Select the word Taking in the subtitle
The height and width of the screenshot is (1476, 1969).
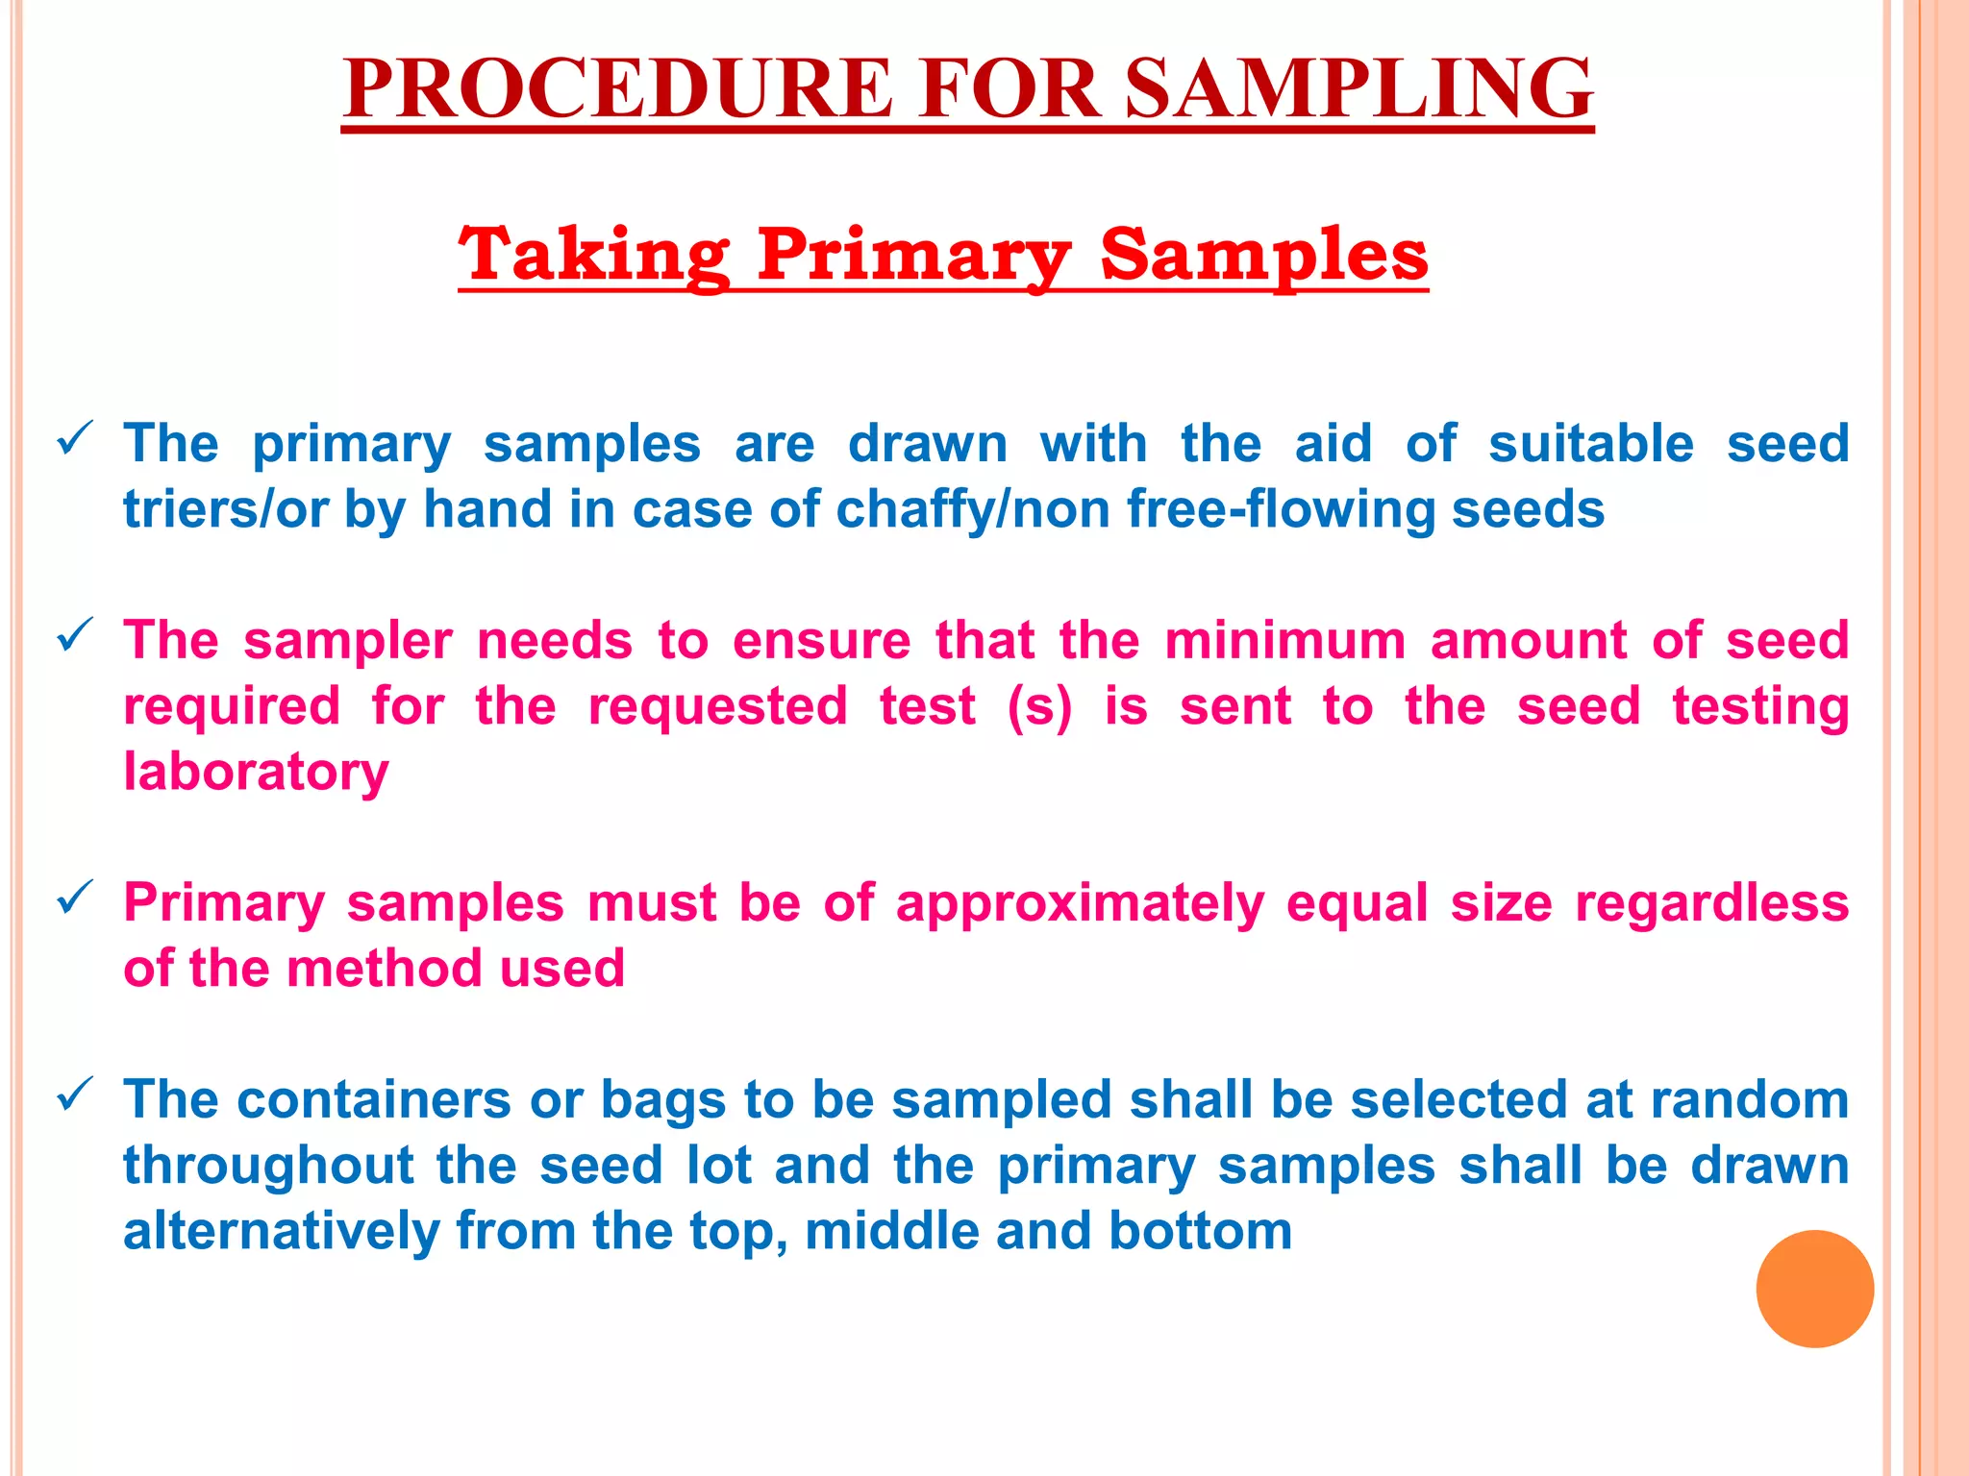pos(593,255)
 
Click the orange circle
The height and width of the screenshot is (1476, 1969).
pos(1814,1289)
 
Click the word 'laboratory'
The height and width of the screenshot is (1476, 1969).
pos(256,773)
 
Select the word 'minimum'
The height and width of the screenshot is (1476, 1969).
pos(1284,641)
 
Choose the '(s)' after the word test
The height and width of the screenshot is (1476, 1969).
pos(1039,707)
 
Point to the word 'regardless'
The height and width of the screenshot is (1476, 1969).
pos(1711,903)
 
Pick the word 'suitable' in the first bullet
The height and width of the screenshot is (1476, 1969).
pos(1591,444)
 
